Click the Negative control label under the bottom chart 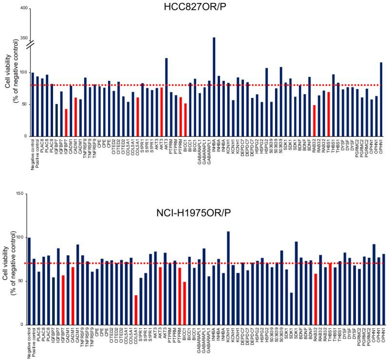pos(30,341)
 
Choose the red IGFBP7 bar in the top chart pos(66,122)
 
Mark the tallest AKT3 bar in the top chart pos(166,97)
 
